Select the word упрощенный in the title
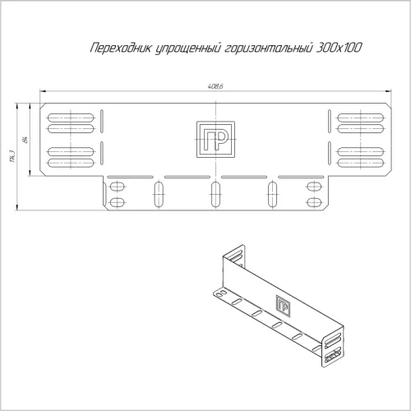tap(181, 50)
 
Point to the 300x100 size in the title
tap(336, 50)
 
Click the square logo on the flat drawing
tap(214, 139)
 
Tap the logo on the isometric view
tap(282, 305)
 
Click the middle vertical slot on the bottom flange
tap(215, 194)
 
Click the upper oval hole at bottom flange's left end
tap(117, 186)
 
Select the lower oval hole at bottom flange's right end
tap(313, 201)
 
